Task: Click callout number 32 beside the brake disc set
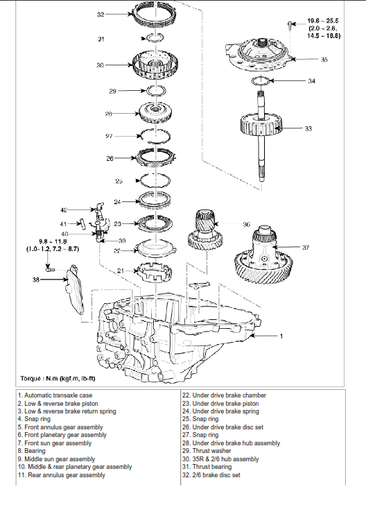point(101,15)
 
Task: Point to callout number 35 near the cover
point(324,60)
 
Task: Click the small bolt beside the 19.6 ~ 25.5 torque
point(290,25)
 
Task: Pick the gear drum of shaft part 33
point(261,126)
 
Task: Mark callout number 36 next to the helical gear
point(246,225)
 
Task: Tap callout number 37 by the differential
point(306,248)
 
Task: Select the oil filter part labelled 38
point(75,291)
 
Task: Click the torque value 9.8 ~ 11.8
point(53,241)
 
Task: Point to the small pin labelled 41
point(81,224)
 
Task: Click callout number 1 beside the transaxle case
point(281,336)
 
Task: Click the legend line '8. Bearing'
point(32,451)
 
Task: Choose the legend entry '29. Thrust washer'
point(207,451)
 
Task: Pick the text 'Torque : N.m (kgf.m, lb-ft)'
point(58,379)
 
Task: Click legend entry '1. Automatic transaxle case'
point(55,395)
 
